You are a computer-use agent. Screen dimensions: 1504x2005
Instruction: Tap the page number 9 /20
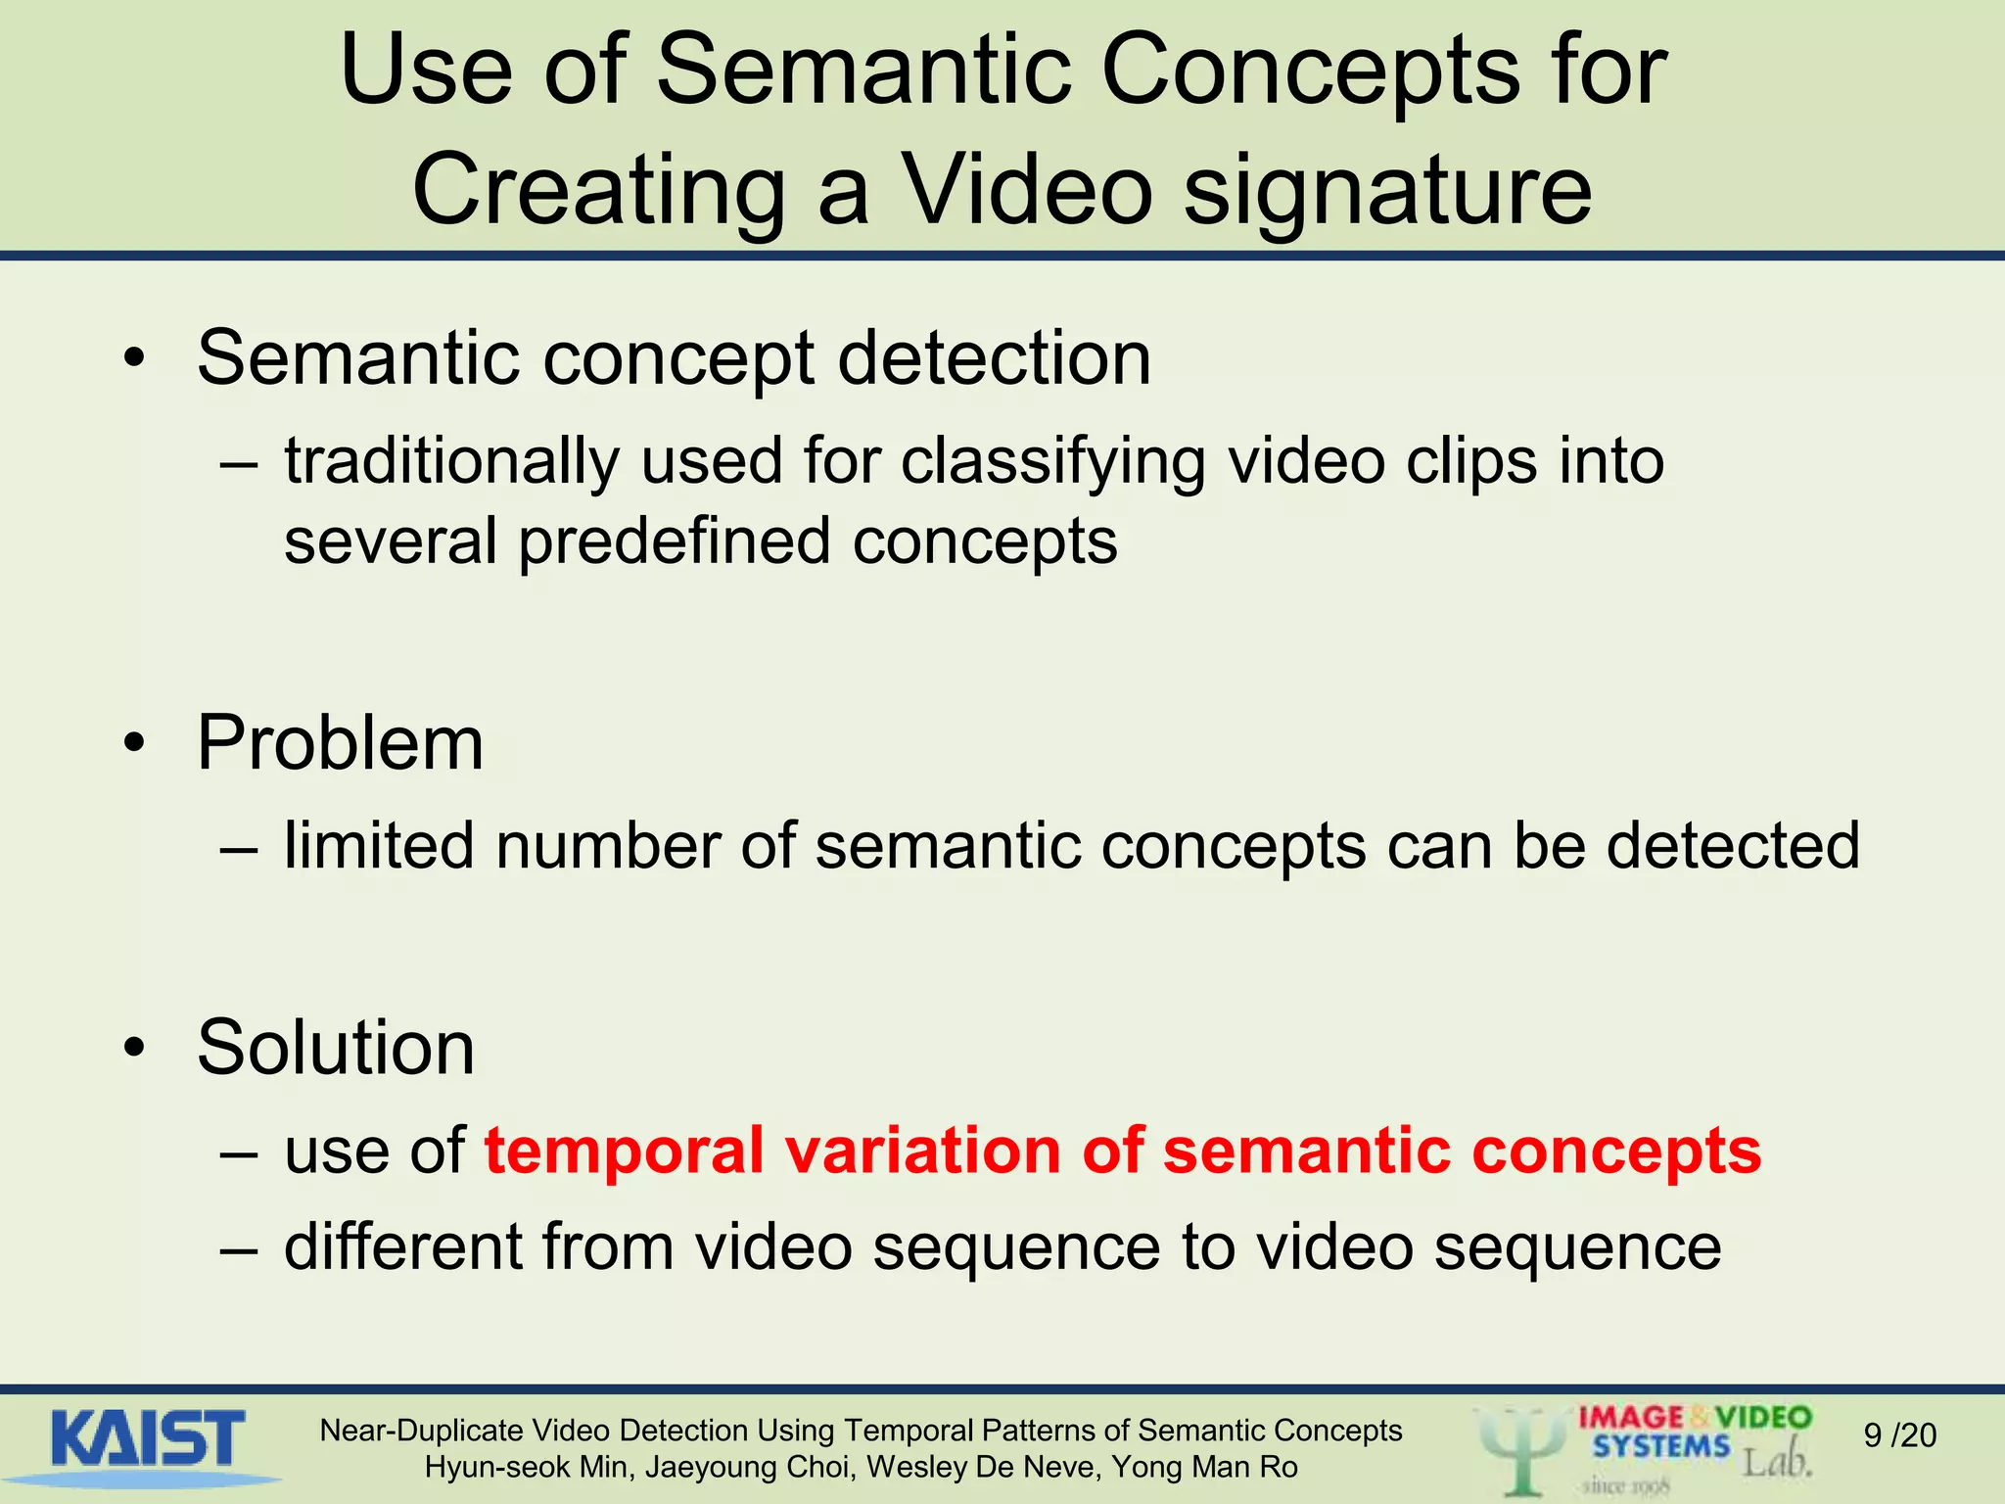pyautogui.click(x=1899, y=1435)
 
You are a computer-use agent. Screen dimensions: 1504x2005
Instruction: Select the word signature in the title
pyautogui.click(x=1387, y=191)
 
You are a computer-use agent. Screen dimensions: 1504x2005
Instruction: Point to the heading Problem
pyautogui.click(x=340, y=743)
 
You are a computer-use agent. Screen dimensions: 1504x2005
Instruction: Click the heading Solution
pyautogui.click(x=336, y=1048)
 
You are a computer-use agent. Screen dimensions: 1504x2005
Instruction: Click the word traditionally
pyautogui.click(x=451, y=460)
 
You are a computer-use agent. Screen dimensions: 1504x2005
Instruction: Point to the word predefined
pyautogui.click(x=675, y=541)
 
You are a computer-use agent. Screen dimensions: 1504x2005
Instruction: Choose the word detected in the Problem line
pyautogui.click(x=1732, y=845)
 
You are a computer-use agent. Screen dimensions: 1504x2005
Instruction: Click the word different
pyautogui.click(x=402, y=1246)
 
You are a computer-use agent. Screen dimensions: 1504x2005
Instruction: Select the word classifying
pyautogui.click(x=1052, y=462)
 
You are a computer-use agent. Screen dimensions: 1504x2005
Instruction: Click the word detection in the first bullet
pyautogui.click(x=994, y=359)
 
